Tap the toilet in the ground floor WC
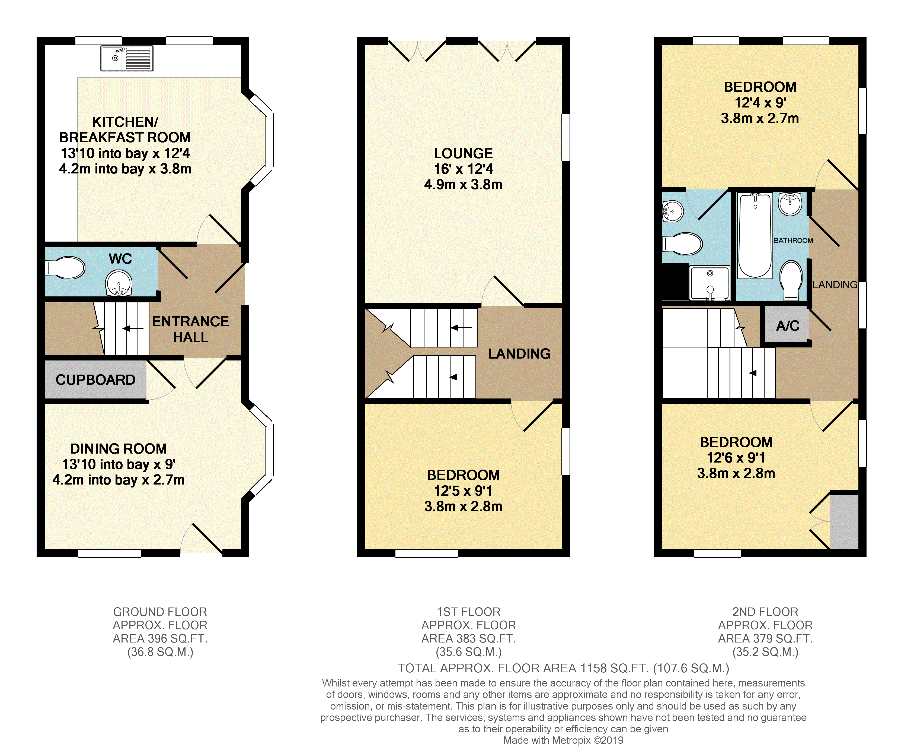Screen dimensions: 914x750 pos(66,268)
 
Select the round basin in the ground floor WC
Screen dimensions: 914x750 pos(119,283)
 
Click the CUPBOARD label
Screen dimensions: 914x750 pos(95,380)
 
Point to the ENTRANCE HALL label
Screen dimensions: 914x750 pos(190,329)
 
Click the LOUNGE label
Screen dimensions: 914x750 pos(463,153)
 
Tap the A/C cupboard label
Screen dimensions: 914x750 pos(788,326)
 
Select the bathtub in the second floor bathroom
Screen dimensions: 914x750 pos(755,236)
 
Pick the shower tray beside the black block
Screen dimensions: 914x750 pos(709,283)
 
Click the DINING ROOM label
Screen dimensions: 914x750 pos(118,449)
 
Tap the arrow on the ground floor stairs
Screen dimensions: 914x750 pos(133,329)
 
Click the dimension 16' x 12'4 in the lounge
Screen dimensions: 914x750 pos(463,169)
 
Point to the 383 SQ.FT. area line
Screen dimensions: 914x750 pos(469,638)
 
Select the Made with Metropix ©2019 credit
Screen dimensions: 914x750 pos(563,740)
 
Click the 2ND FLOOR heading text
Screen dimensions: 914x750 pos(765,612)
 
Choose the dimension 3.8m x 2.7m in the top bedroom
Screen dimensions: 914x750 pos(760,118)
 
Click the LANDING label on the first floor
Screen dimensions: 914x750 pos(519,354)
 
